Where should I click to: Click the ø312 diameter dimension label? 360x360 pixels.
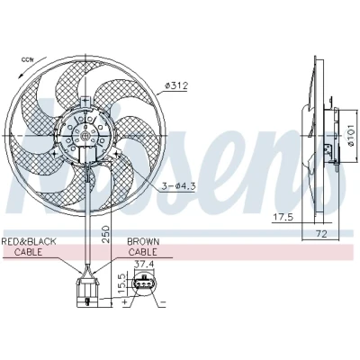(x=176, y=85)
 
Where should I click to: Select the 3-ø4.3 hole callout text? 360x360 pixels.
(x=179, y=186)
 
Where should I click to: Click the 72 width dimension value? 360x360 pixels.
(x=320, y=234)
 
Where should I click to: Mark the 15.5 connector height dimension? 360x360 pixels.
(x=122, y=283)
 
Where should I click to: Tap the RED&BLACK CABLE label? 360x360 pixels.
(x=29, y=247)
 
